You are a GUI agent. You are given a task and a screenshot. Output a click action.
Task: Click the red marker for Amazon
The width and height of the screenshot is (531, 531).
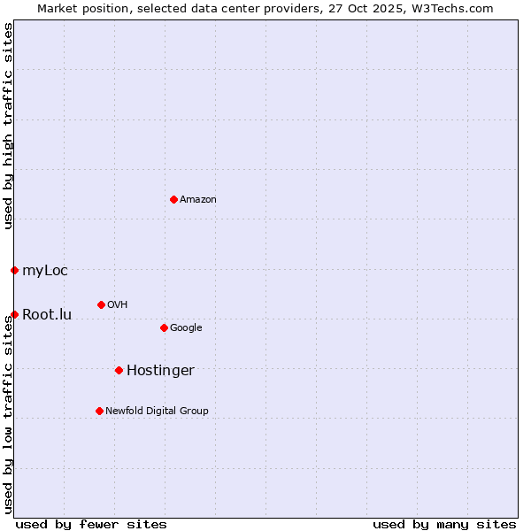[173, 199]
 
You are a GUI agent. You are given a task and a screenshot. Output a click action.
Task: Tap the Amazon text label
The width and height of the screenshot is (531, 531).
[198, 200]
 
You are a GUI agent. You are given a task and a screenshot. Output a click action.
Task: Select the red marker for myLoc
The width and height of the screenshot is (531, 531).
[15, 270]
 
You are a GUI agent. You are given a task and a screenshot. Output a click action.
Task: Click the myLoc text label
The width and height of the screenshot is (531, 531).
[45, 271]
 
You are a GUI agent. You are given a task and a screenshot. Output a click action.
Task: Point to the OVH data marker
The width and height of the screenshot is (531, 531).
[101, 304]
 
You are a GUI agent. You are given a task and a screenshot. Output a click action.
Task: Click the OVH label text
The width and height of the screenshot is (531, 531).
[118, 305]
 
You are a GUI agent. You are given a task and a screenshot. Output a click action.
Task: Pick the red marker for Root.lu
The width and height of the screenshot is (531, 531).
[15, 314]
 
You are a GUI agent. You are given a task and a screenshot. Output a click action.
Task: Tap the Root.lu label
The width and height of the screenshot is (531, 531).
[47, 315]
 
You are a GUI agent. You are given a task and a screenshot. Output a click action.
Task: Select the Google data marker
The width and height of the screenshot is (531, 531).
[164, 327]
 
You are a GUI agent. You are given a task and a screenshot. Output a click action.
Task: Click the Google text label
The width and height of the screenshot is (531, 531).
[186, 328]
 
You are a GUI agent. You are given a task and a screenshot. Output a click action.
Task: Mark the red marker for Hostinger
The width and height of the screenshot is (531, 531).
[119, 370]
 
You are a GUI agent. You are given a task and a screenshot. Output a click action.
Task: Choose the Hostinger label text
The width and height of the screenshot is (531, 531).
[160, 371]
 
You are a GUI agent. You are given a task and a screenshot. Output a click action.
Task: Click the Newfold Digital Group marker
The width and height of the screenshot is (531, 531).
[99, 411]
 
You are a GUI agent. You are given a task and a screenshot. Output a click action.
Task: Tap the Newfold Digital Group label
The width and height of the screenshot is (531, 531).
[157, 412]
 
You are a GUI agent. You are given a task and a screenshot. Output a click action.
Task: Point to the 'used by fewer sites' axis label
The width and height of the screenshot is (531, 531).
[91, 524]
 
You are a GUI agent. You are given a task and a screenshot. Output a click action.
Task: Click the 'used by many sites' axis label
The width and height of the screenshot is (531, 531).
[444, 524]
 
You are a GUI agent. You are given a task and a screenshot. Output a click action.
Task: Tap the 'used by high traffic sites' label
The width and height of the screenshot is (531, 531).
[8, 126]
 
